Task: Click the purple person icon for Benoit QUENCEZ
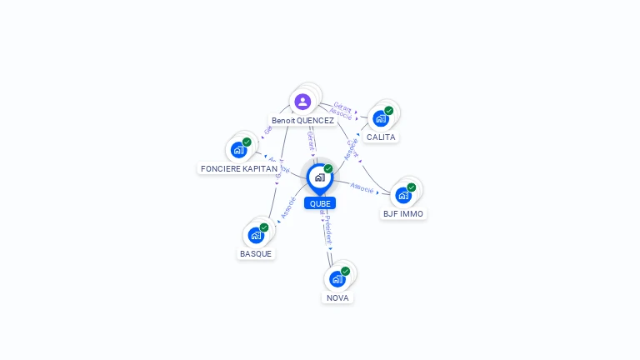click(302, 102)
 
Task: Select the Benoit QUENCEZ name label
click(302, 121)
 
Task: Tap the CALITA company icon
click(381, 118)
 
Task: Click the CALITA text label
click(381, 137)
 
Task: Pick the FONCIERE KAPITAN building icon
click(239, 150)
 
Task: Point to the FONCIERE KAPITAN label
click(239, 169)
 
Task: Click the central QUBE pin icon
click(319, 177)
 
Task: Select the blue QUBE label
click(320, 203)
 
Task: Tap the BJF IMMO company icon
click(403, 195)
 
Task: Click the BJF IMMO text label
click(403, 214)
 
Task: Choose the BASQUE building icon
click(256, 235)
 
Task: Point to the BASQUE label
click(256, 254)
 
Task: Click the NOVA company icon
click(337, 279)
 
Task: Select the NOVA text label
click(337, 298)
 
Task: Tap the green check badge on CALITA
click(389, 110)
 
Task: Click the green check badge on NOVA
click(346, 271)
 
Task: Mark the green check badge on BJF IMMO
click(412, 187)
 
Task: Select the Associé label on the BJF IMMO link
click(362, 187)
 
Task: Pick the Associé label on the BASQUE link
click(288, 207)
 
